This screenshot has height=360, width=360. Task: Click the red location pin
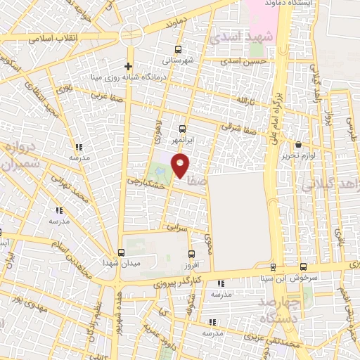[181, 165]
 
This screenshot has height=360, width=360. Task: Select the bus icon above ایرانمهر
[182, 129]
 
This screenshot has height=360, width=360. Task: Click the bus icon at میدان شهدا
[121, 252]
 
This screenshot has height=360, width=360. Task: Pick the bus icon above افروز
[191, 254]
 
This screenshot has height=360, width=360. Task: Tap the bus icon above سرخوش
[303, 266]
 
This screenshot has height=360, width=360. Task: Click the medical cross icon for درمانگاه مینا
[128, 66]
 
